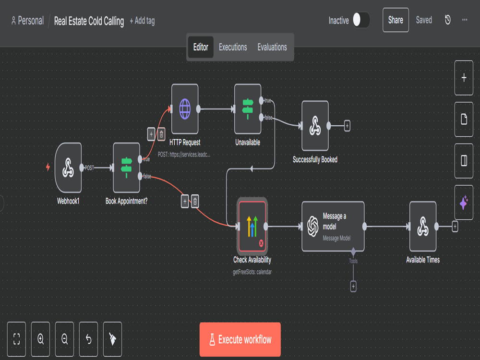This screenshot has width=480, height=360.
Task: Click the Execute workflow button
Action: tap(240, 339)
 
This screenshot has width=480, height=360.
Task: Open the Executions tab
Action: tap(233, 47)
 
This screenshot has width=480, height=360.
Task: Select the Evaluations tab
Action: tap(272, 47)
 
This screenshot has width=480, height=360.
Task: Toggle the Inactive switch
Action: tap(361, 20)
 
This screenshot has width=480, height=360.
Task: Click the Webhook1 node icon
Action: tap(68, 168)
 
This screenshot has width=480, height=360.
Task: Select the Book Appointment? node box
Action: tap(126, 168)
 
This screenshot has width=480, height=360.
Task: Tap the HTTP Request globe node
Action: tap(185, 109)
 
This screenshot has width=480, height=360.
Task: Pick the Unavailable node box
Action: tap(248, 109)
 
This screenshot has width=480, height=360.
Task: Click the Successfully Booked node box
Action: tap(315, 126)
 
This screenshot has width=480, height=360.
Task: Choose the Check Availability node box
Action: tap(252, 227)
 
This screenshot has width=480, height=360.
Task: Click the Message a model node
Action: tap(333, 227)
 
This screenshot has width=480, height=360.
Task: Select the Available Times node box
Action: tap(423, 227)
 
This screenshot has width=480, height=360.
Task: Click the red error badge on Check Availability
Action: tap(261, 243)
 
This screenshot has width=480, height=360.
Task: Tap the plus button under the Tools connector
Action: tap(353, 287)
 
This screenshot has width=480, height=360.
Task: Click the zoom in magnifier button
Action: tap(40, 339)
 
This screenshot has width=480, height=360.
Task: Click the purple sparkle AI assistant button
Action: tap(464, 203)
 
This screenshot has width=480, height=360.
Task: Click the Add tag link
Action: tap(143, 21)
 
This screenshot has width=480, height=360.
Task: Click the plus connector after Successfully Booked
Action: tap(347, 126)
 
